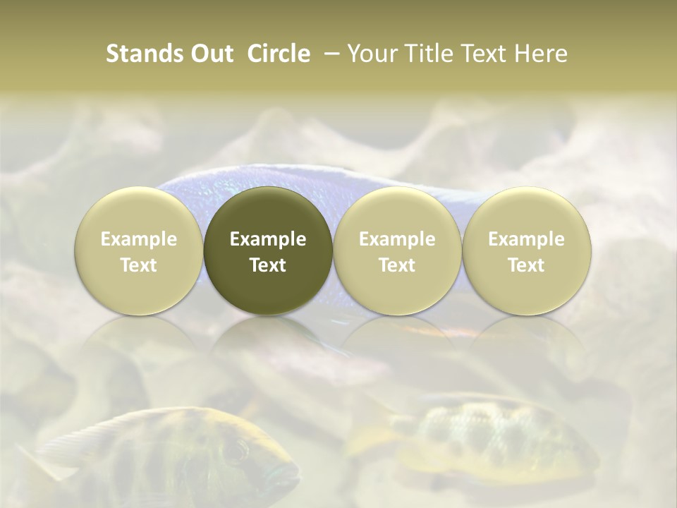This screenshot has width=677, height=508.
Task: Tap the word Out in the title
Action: [x=210, y=54]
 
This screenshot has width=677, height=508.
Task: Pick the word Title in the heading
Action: [x=425, y=54]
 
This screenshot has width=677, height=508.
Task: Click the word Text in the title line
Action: [x=484, y=54]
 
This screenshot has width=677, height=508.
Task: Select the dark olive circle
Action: [x=268, y=251]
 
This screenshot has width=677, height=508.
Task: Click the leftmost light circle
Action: [x=139, y=251]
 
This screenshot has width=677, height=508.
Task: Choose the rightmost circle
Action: [x=527, y=251]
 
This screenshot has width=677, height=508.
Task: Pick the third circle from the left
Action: [x=397, y=251]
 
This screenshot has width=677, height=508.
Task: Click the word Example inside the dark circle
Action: [x=268, y=239]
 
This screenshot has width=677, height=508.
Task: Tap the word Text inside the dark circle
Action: [x=268, y=265]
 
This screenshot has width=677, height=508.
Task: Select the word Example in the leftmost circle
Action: [x=139, y=239]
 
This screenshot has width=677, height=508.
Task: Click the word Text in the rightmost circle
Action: [x=527, y=265]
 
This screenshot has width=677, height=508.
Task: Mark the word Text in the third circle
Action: [x=397, y=265]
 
